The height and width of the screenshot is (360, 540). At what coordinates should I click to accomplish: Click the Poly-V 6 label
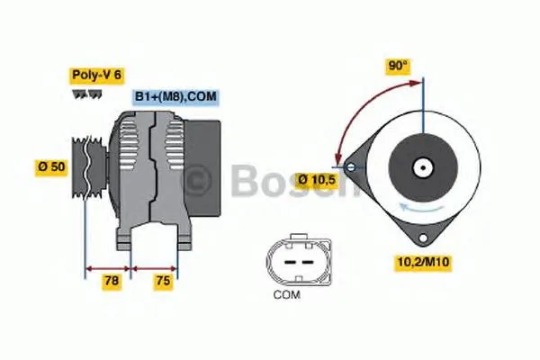pos(95,75)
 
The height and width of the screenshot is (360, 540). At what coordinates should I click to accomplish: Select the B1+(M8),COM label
pos(175,95)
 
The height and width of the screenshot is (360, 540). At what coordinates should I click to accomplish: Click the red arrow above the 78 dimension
pos(108,267)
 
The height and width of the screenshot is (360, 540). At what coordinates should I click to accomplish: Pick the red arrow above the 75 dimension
pos(154,267)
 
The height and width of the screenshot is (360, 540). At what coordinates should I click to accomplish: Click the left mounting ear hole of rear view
pos(349,166)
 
